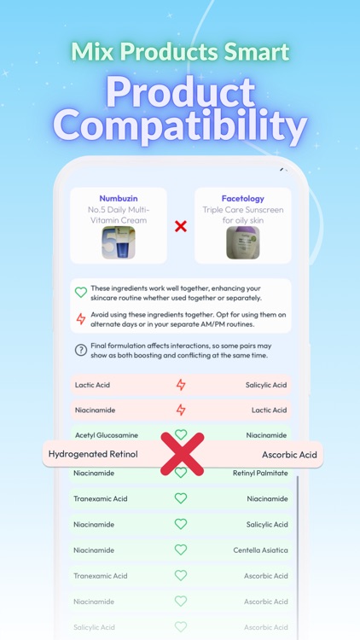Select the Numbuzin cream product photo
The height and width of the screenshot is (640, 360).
119,242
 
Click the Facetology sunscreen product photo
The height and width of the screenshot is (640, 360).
242,242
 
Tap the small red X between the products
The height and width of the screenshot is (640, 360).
181,226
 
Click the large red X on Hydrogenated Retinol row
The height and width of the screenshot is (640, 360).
182,453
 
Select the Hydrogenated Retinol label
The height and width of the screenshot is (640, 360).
93,454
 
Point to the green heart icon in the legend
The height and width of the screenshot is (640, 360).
81,292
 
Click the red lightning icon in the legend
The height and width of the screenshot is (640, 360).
81,318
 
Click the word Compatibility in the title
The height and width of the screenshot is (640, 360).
180,126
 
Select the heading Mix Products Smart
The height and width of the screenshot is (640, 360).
180,52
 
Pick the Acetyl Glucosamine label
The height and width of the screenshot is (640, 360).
106,435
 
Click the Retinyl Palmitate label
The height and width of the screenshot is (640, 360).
259,473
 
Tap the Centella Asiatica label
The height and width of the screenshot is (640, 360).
260,550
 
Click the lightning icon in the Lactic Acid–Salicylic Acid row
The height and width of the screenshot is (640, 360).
181,385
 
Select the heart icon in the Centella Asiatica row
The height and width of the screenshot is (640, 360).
181,550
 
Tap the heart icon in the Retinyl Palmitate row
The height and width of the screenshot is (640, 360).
181,474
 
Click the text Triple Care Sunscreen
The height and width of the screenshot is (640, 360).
242,209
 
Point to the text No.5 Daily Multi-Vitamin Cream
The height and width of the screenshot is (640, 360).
119,214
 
